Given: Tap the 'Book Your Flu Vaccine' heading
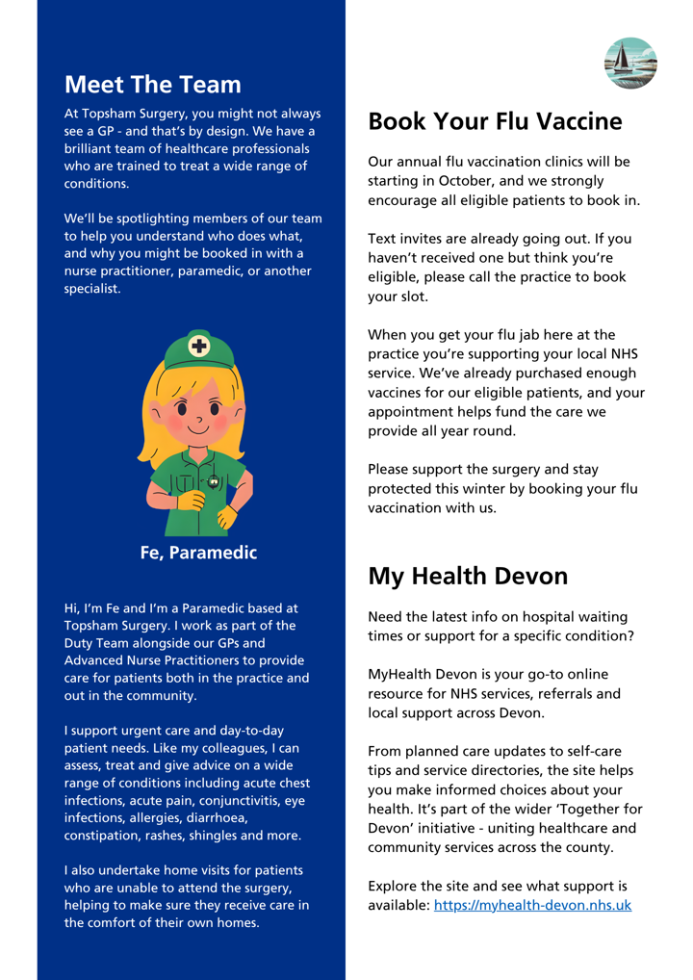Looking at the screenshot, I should point(496,121).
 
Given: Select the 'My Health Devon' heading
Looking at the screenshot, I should point(469,575).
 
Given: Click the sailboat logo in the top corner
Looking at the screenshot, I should point(631,64).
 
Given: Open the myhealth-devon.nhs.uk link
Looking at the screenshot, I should point(534,907).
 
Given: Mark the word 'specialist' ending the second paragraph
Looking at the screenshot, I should point(92,288).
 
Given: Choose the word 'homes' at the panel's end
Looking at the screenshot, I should point(237,921).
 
